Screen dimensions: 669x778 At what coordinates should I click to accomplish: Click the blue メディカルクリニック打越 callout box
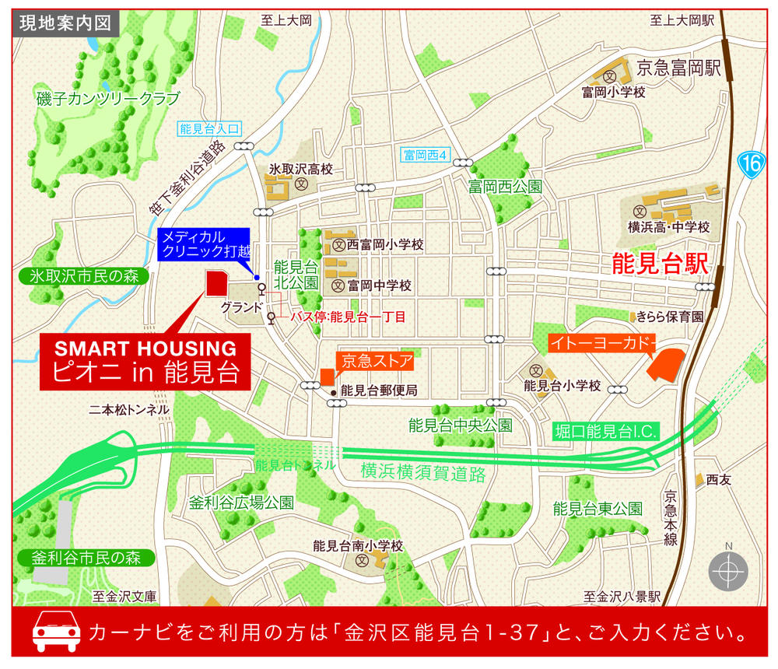click(203, 244)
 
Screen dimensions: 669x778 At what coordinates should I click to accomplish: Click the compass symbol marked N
click(728, 572)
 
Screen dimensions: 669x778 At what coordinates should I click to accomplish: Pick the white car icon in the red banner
click(56, 632)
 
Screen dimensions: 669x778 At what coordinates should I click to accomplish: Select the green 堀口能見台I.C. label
click(607, 431)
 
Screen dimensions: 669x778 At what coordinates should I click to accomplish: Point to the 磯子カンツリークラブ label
click(107, 99)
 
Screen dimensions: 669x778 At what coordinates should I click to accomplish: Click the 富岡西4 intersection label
click(427, 155)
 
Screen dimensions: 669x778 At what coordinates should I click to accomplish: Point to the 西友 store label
click(720, 480)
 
